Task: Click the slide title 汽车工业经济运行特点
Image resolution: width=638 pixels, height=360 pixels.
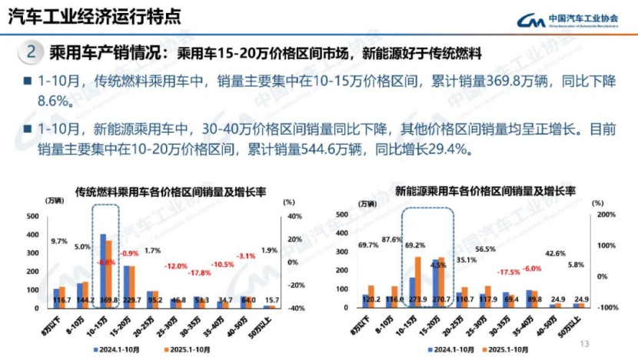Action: coord(96,17)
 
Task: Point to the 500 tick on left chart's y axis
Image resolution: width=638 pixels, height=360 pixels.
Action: coord(32,215)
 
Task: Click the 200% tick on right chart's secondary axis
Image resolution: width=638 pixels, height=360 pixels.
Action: coord(605,215)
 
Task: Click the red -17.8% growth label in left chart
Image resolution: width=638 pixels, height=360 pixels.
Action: coord(201,273)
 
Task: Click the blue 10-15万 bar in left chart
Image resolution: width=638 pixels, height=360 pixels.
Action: coord(103,269)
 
